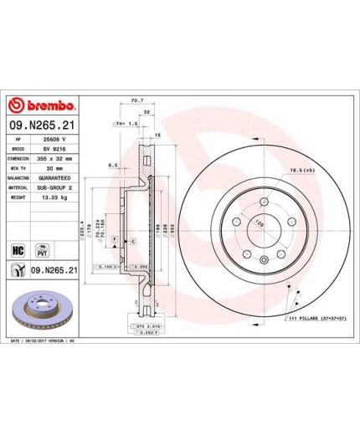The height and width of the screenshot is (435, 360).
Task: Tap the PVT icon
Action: point(40,249)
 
